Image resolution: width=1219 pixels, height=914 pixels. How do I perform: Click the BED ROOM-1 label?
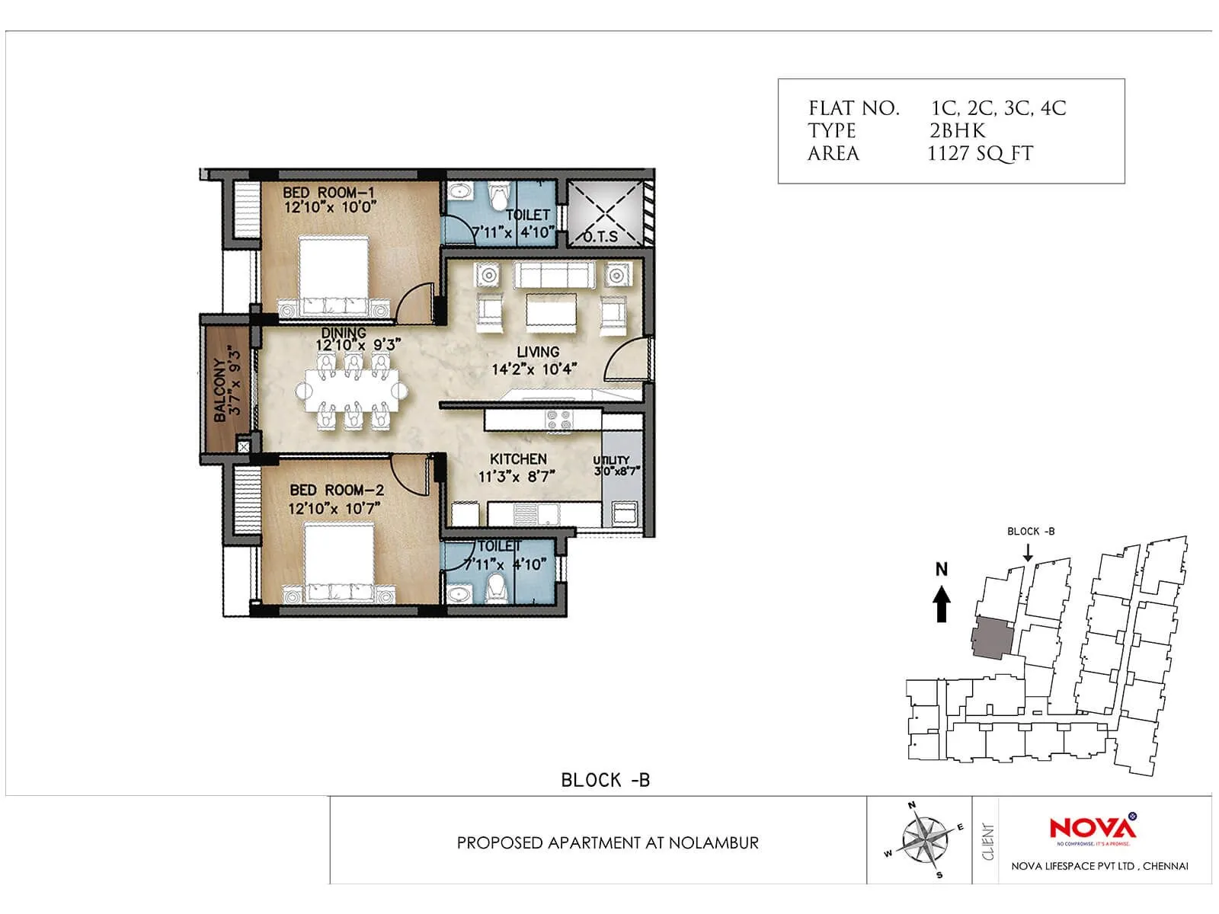coord(328,193)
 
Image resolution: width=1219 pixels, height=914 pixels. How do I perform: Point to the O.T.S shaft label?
coord(600,235)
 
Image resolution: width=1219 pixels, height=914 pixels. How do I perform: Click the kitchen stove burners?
coord(559,419)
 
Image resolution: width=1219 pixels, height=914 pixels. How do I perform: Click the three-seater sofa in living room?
coord(554,274)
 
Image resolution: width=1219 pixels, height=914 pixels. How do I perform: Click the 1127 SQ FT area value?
coord(980,153)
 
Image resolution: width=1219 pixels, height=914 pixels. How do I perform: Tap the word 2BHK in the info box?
coord(957,130)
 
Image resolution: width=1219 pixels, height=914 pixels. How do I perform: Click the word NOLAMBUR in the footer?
coord(714,842)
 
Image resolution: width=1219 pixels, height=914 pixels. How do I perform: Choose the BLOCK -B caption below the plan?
coord(605,780)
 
